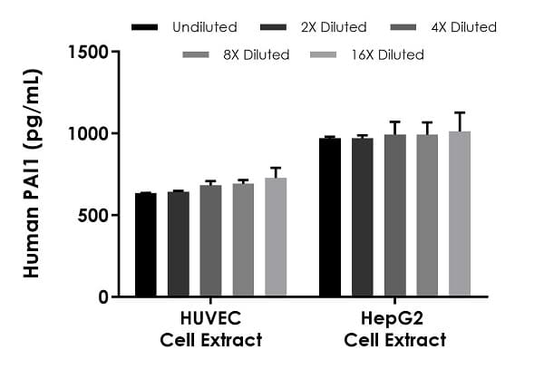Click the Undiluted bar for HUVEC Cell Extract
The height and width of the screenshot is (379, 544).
point(145,245)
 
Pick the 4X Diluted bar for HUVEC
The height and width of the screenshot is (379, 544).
point(210,241)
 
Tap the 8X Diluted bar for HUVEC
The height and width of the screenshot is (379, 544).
point(243,240)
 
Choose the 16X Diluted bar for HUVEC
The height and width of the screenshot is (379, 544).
point(276,237)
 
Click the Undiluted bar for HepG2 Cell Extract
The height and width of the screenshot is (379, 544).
point(330,218)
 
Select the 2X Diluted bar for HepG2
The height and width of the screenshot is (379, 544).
point(363,218)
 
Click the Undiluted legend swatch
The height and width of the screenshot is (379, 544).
point(144,27)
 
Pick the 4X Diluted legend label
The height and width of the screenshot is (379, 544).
point(463,27)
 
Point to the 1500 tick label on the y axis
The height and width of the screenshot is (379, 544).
point(90,52)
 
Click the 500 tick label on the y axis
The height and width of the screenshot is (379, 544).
point(95,216)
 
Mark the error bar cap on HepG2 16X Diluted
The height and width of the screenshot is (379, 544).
point(460,112)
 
